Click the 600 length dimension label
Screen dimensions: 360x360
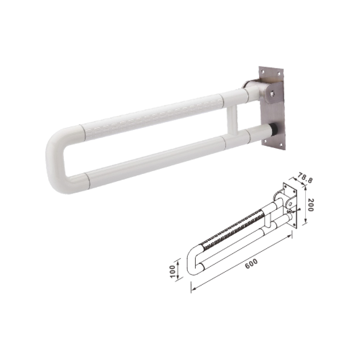click(x=251, y=264)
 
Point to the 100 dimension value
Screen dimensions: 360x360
click(x=173, y=271)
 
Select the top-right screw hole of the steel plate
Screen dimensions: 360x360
click(x=279, y=74)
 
